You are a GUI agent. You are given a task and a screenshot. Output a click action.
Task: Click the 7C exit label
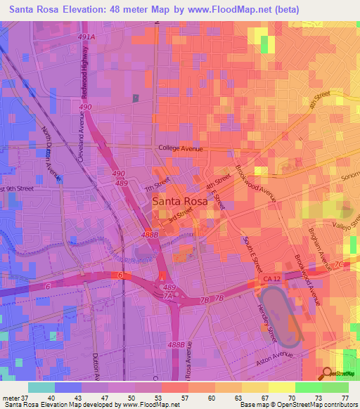[339, 264]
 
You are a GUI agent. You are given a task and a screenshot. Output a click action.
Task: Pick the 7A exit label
[168, 297]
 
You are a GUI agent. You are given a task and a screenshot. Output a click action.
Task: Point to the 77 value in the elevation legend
[345, 398]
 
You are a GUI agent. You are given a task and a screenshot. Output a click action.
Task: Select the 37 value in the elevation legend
[28, 398]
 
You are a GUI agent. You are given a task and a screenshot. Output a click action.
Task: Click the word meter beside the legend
[11, 398]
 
